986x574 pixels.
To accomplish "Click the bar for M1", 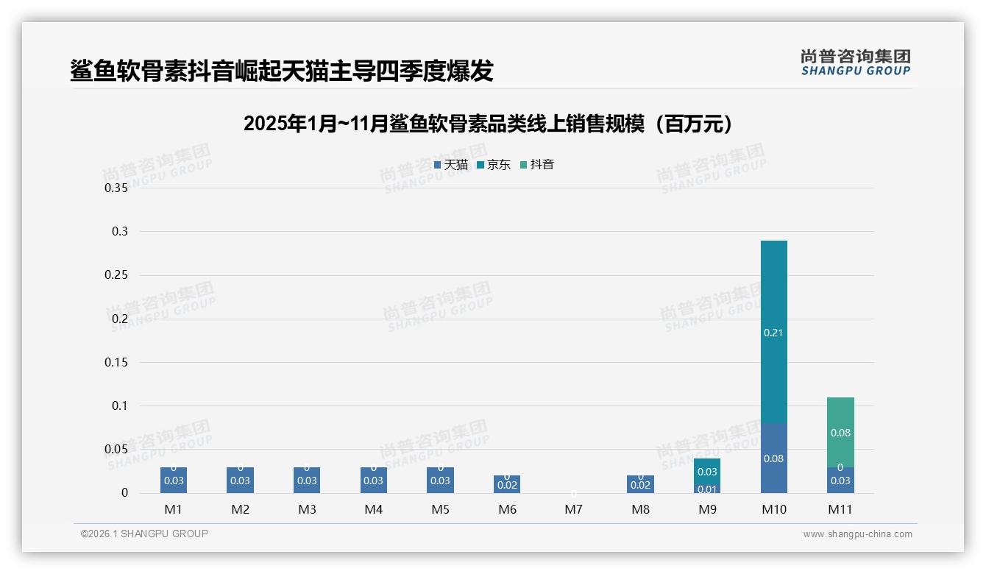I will coord(174,481).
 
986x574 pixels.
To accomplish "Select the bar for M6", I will coord(507,485).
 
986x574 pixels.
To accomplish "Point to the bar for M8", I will coord(640,485).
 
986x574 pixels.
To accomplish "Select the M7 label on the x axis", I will coord(574,509).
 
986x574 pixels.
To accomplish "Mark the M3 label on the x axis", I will coord(307,509).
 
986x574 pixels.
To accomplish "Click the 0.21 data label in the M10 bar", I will coord(773,333).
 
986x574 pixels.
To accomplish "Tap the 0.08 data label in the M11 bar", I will coord(840,433).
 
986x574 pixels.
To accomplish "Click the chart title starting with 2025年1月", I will coord(488,124).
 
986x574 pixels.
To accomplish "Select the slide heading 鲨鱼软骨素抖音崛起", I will coord(282,71).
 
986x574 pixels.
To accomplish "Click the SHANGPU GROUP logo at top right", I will coord(855,63).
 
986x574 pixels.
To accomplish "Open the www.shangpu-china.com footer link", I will coord(857,534).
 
